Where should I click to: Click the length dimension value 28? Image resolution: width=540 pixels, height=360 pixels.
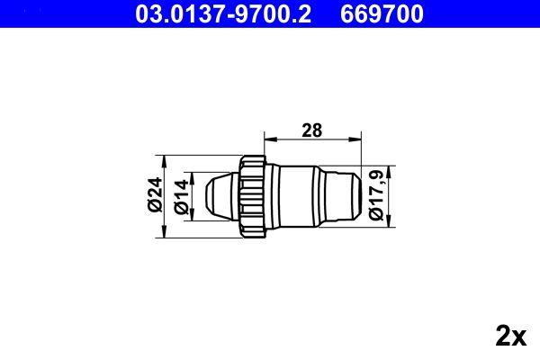(311, 130)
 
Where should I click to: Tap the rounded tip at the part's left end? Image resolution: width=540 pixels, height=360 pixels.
(217, 195)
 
